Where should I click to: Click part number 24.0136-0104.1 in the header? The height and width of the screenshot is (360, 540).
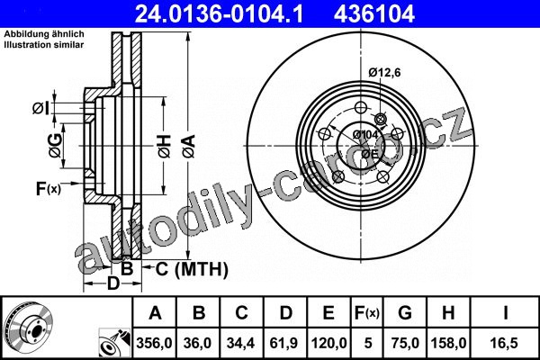[x=219, y=14]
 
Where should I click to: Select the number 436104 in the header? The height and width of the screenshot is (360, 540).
[x=374, y=14]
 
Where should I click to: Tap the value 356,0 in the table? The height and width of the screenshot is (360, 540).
[x=154, y=343]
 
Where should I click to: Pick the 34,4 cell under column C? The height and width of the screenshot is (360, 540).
[x=240, y=343]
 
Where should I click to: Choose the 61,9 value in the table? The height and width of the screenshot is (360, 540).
[x=284, y=343]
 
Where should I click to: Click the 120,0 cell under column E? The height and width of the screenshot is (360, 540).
[x=328, y=343]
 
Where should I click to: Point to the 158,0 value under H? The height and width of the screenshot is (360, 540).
[x=448, y=343]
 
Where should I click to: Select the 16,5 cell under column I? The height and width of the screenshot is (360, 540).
[x=505, y=343]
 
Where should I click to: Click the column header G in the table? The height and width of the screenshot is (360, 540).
[x=405, y=313]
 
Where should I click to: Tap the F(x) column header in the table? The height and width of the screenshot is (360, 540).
[x=367, y=313]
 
